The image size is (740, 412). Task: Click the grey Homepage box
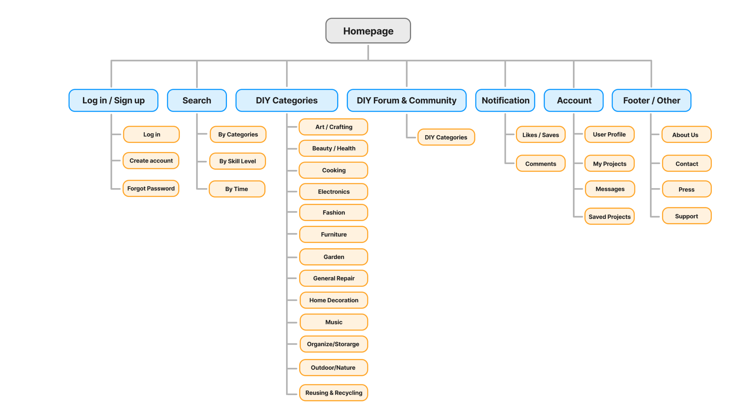coord(368,31)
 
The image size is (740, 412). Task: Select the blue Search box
coord(197,100)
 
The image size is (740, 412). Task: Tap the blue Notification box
coord(505,100)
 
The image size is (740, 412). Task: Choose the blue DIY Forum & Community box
coord(406,100)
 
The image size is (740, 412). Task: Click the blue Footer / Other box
coord(651,100)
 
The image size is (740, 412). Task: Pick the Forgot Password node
coord(151,188)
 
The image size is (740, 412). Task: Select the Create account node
coord(151,161)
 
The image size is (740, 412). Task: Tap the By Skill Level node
coord(237,161)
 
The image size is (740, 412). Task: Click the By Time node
coord(237,189)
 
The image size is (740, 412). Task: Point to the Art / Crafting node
coord(334,127)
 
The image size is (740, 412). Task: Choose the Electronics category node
coord(334,192)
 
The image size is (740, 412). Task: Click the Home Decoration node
coord(334,300)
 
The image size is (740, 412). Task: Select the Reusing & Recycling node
coord(334,393)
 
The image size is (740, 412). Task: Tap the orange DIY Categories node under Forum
coord(446,137)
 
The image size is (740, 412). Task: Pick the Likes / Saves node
coord(540,135)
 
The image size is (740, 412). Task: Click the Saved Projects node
coord(609,217)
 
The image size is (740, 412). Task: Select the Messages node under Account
coord(610,189)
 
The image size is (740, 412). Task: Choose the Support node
coord(686,216)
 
